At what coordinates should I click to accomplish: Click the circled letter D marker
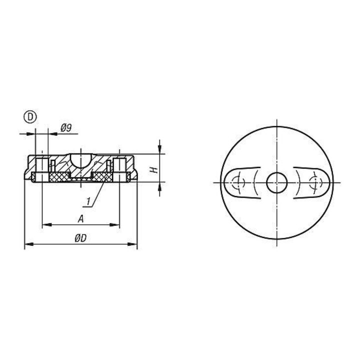click(30, 116)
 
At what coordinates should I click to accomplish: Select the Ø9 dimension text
click(66, 128)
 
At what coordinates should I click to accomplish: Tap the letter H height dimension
click(154, 170)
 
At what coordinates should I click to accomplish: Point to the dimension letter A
click(80, 219)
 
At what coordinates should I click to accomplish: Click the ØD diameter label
click(80, 238)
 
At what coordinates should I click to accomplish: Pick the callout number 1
click(88, 201)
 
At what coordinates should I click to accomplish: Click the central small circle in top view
click(276, 182)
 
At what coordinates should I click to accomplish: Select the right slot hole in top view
click(312, 182)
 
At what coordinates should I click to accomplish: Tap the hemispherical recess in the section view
click(81, 160)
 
